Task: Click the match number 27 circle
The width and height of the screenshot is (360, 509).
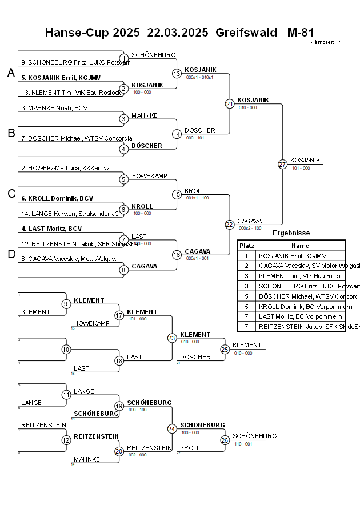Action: [x=282, y=164]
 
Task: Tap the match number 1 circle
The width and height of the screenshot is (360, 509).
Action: [x=123, y=58]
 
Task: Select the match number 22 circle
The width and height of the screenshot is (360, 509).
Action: [x=229, y=225]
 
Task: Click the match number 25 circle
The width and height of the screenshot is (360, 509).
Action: [x=225, y=349]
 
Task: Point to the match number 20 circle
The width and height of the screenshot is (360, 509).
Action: [x=119, y=451]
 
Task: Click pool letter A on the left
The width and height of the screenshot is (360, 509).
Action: [x=11, y=73]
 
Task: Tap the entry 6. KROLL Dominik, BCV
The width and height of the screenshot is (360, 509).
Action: [x=57, y=198]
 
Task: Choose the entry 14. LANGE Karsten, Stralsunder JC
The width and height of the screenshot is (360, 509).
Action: [x=70, y=213]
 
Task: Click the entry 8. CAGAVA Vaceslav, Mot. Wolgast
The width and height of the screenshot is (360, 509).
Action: [x=69, y=259]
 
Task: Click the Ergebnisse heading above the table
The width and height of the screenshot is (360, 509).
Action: [x=291, y=233]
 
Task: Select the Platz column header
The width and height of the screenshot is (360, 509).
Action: [x=247, y=245]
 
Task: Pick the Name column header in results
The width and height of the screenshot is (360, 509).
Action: [x=300, y=245]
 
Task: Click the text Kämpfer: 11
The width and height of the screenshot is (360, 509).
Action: [x=327, y=42]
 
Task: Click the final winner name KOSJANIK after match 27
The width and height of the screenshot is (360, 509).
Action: [x=305, y=160]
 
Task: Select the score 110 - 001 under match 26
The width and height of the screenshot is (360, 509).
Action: [x=242, y=443]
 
